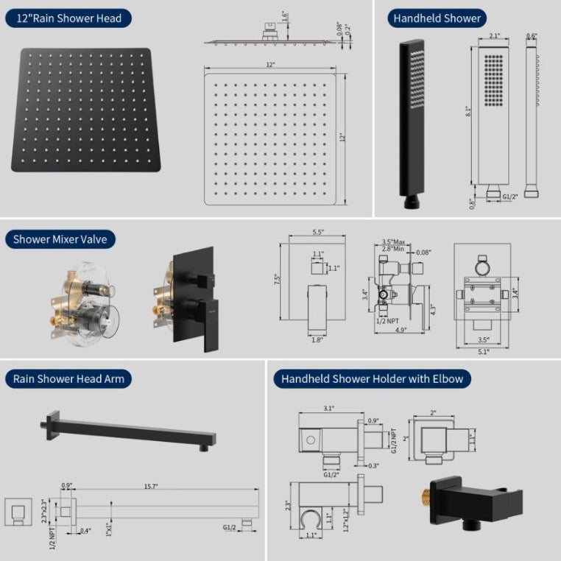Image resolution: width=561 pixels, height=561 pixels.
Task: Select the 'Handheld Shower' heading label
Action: pyautogui.click(x=437, y=18)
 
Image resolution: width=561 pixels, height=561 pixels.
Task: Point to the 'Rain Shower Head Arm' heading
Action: pyautogui.click(x=68, y=379)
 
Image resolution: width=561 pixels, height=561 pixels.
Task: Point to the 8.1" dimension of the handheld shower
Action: pyautogui.click(x=468, y=111)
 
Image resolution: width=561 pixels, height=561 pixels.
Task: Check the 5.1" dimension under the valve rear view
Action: pyautogui.click(x=482, y=351)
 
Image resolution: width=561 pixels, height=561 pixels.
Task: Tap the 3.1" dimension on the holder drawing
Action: pyautogui.click(x=328, y=408)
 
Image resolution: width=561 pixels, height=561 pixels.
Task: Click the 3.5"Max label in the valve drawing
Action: pyautogui.click(x=395, y=241)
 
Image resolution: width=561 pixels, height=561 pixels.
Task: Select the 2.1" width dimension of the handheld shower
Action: pyautogui.click(x=493, y=35)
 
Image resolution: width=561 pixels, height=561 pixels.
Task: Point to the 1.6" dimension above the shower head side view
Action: pyautogui.click(x=284, y=14)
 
